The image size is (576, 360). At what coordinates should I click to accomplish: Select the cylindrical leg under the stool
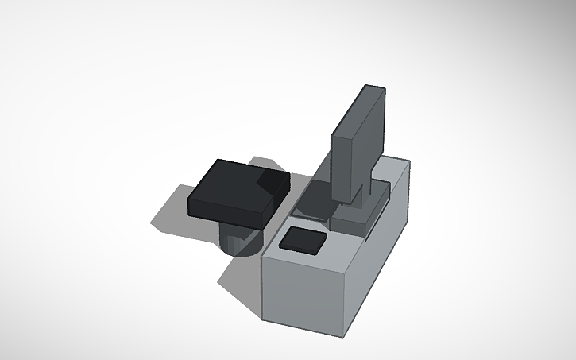(238, 240)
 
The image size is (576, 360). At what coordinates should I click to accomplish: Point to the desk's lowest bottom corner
(346, 332)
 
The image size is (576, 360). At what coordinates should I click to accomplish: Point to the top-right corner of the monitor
(385, 89)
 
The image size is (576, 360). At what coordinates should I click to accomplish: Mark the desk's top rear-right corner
(410, 161)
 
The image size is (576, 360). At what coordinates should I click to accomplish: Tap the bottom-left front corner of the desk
(264, 319)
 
